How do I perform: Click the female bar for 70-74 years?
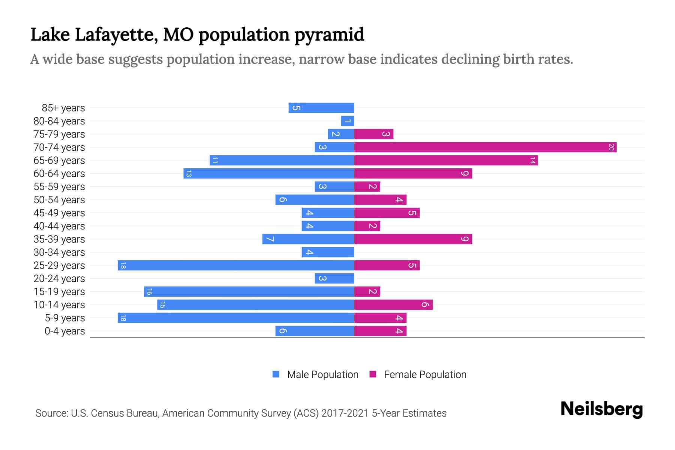click(x=485, y=147)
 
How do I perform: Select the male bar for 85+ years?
click(x=321, y=108)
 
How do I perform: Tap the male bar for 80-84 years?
click(x=348, y=121)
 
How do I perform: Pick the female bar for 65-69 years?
click(x=446, y=160)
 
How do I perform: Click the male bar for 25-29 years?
click(x=236, y=265)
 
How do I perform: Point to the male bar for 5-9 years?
click(x=236, y=318)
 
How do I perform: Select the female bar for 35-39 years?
click(x=413, y=239)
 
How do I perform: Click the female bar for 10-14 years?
click(x=393, y=305)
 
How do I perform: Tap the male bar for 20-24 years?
click(x=334, y=279)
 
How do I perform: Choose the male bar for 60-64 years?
click(x=269, y=174)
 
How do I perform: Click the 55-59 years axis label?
click(x=59, y=187)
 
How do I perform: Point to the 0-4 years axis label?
click(x=64, y=331)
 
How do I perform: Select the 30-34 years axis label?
click(x=59, y=252)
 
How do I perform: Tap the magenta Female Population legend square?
click(x=373, y=374)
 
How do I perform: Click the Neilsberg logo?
click(x=601, y=409)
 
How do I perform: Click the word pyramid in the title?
click(x=329, y=35)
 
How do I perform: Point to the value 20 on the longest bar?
click(x=611, y=147)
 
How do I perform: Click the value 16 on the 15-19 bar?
click(x=149, y=292)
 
